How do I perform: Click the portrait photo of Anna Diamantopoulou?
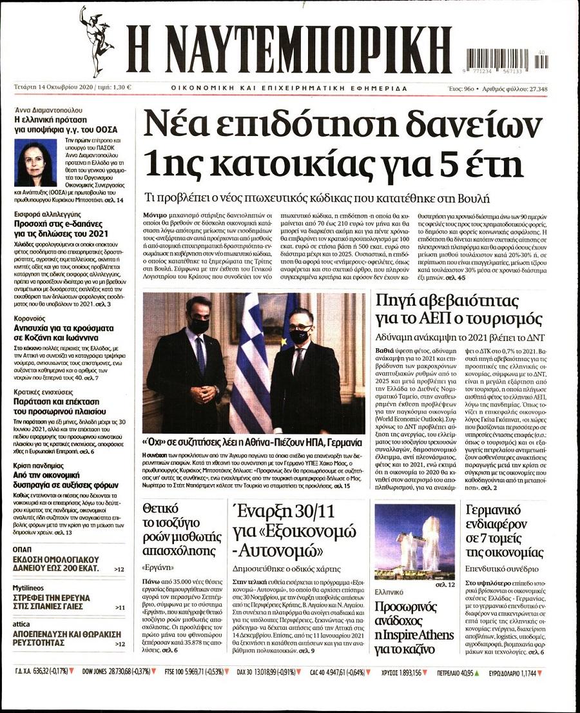pyautogui.click(x=36, y=164)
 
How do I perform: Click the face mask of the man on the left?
pyautogui.click(x=199, y=326)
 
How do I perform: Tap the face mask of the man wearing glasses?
pyautogui.click(x=298, y=336)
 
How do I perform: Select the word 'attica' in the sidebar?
pyautogui.click(x=23, y=623)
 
